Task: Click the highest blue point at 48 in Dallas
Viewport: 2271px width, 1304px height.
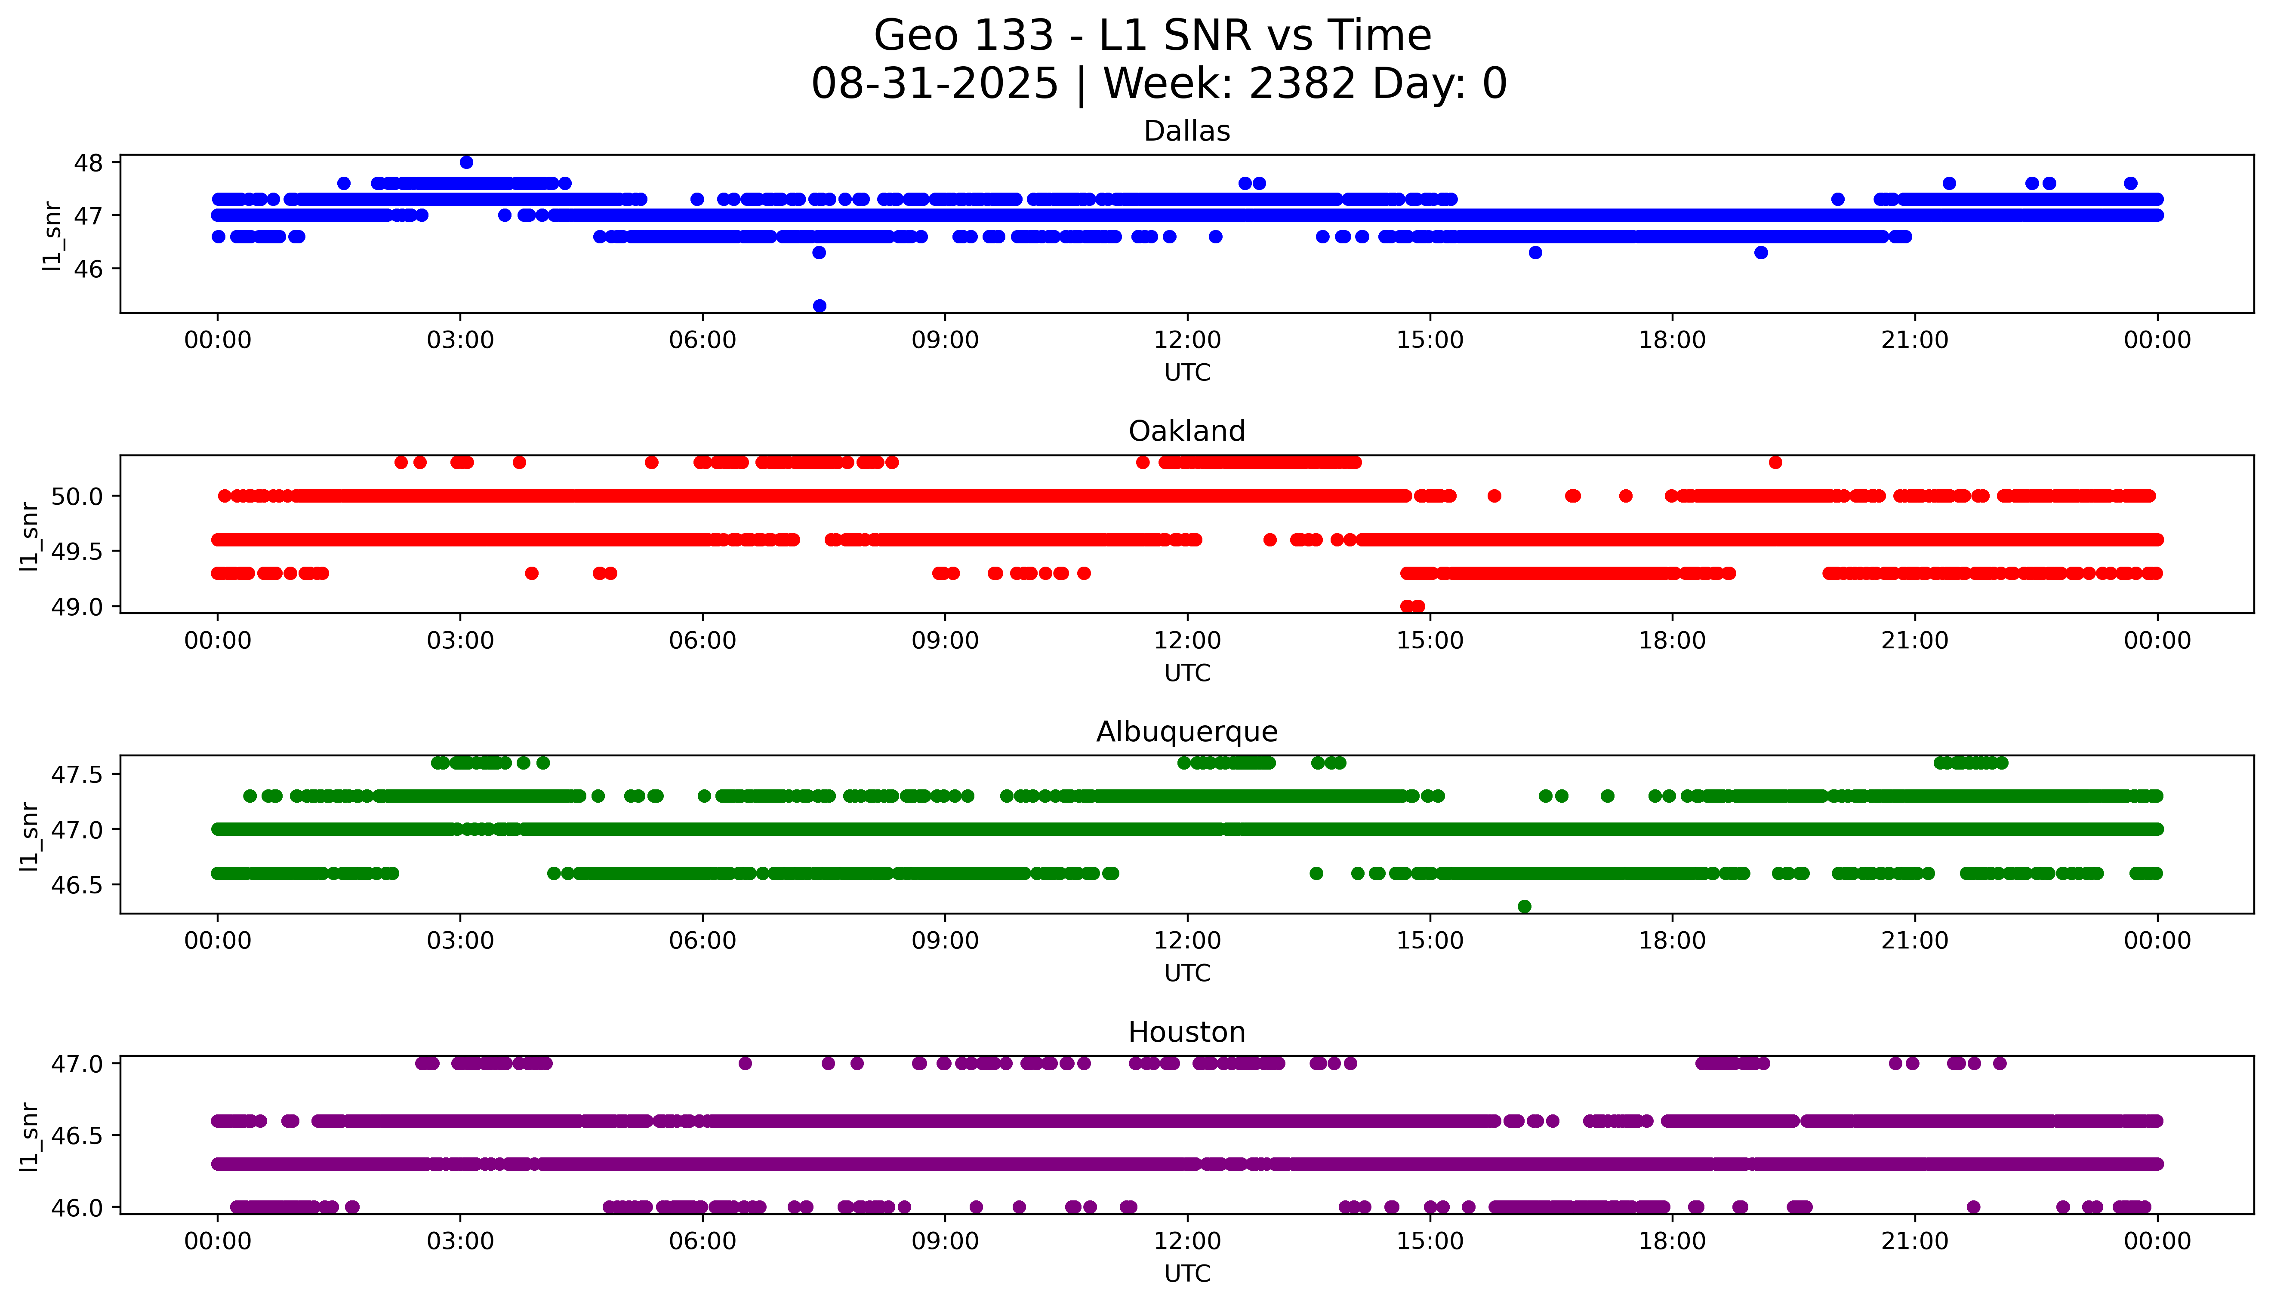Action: [466, 162]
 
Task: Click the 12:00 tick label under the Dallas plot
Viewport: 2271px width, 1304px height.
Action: [1187, 341]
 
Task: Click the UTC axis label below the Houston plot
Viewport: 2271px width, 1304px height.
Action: [1187, 1273]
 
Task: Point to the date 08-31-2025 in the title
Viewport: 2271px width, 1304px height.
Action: [934, 84]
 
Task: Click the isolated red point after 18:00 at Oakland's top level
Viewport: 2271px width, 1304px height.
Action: [1775, 462]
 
